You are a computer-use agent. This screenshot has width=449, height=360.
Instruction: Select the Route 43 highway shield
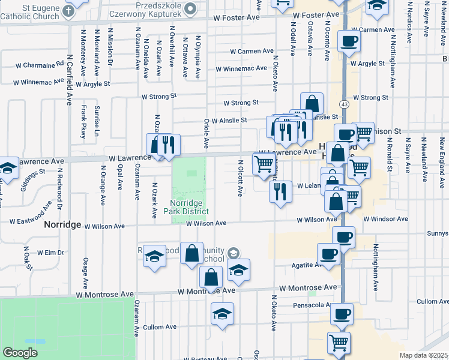tap(343, 104)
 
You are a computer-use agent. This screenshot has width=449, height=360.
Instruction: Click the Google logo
tap(20, 353)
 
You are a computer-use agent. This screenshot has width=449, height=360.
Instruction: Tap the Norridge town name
tap(62, 224)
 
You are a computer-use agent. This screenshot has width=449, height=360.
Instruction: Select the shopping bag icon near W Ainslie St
tap(312, 103)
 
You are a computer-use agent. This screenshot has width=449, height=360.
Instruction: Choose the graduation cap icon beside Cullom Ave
tap(222, 314)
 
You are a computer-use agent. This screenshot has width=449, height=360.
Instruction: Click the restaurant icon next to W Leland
tap(280, 191)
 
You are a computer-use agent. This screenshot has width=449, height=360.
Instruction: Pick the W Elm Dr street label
tap(50, 254)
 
